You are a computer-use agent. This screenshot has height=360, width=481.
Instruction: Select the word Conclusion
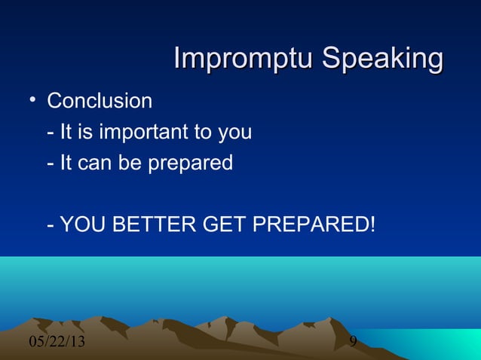pyautogui.click(x=100, y=101)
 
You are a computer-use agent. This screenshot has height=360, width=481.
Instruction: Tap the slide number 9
pyautogui.click(x=353, y=344)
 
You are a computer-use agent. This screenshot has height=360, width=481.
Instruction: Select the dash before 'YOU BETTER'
pyautogui.click(x=50, y=224)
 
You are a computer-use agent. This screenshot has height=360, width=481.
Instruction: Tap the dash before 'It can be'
pyautogui.click(x=50, y=163)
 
